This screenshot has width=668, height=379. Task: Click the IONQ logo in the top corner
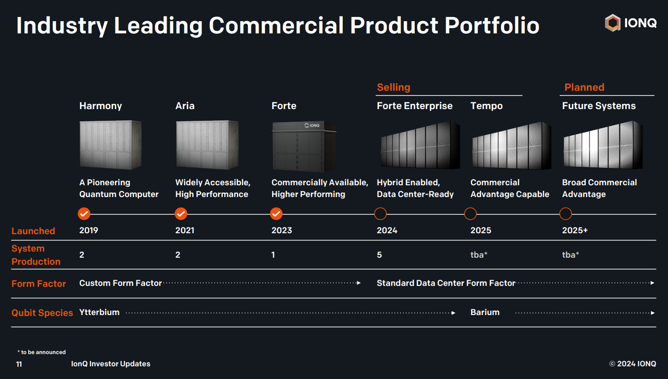[x=630, y=23]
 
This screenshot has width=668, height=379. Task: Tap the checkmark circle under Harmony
[x=84, y=214]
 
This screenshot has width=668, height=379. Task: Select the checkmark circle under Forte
[x=276, y=214]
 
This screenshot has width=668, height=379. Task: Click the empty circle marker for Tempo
[x=470, y=214]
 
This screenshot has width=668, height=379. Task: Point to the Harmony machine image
[x=110, y=145]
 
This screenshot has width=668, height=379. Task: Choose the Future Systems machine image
[x=603, y=145]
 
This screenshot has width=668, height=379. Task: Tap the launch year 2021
[x=185, y=230]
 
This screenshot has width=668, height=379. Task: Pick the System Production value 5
[x=379, y=255]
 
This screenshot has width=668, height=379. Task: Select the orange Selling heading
[x=394, y=87]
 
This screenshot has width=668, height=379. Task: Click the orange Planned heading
[x=584, y=87]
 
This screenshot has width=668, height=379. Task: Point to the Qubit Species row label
[x=42, y=313]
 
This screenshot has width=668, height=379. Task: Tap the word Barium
[x=485, y=312]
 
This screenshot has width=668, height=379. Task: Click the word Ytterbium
[x=99, y=312]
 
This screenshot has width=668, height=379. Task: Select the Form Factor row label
[x=39, y=284]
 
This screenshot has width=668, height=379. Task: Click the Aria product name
[x=185, y=106]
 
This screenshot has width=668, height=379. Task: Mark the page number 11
[x=19, y=364]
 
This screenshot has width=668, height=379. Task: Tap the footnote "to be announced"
[x=42, y=352]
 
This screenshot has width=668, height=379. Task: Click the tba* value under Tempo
[x=479, y=255]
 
